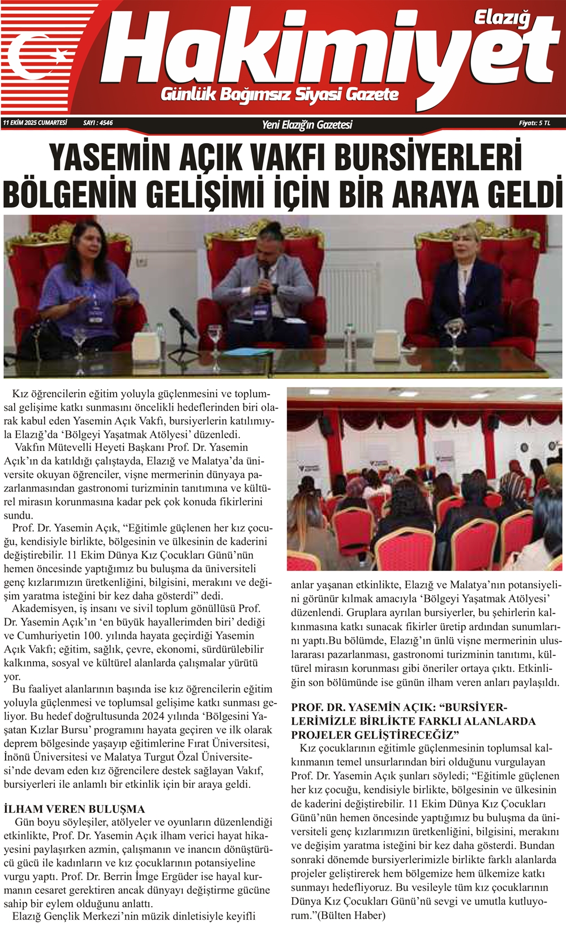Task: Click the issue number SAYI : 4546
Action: (98, 123)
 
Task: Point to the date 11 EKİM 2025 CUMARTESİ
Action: (35, 123)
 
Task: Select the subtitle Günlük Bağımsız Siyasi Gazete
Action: (280, 94)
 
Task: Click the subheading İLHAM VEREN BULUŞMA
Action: (74, 809)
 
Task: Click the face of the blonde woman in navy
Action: (466, 245)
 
